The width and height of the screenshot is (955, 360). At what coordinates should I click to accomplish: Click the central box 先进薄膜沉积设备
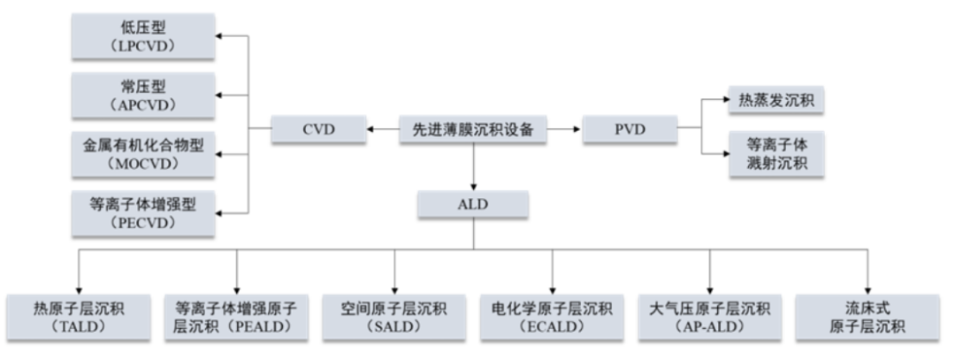[x=474, y=130]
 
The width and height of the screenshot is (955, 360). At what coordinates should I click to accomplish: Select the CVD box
[x=317, y=130]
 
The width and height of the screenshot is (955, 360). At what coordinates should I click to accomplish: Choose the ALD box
[x=474, y=206]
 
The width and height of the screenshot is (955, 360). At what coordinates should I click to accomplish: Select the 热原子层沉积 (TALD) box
[x=80, y=317]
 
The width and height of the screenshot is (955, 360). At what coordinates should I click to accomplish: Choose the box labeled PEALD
[x=237, y=317]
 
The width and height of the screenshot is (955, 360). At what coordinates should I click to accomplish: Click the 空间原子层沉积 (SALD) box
[x=394, y=317]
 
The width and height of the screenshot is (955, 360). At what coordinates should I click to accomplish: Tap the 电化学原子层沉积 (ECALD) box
[x=553, y=317]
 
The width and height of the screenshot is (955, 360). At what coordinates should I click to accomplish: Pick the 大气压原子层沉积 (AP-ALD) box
[x=710, y=317]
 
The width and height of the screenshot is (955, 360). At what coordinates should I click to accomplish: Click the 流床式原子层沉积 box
[x=867, y=317]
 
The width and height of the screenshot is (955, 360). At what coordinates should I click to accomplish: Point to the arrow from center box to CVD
[x=383, y=130]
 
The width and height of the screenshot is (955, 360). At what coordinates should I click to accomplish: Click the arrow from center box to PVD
[x=565, y=130]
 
